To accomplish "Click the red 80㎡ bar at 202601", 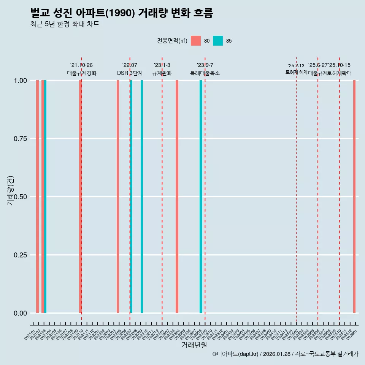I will [354, 197].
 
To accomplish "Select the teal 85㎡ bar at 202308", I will [201, 197].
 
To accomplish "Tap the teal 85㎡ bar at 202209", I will [142, 197].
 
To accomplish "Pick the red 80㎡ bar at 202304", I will [177, 197].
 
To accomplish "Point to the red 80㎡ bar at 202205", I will [118, 197].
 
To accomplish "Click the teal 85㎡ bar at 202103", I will [45, 197].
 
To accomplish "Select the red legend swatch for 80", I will [196, 41].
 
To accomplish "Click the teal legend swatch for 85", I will [218, 41].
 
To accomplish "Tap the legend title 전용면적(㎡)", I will [172, 41].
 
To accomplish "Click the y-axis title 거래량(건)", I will [11, 191].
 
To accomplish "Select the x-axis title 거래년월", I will [194, 345].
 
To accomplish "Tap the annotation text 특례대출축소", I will [205, 73].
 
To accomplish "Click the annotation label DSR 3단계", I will [130, 73].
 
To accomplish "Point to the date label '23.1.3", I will [162, 65].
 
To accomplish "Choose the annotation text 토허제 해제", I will [296, 72].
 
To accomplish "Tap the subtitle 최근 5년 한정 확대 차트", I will [65, 24].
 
